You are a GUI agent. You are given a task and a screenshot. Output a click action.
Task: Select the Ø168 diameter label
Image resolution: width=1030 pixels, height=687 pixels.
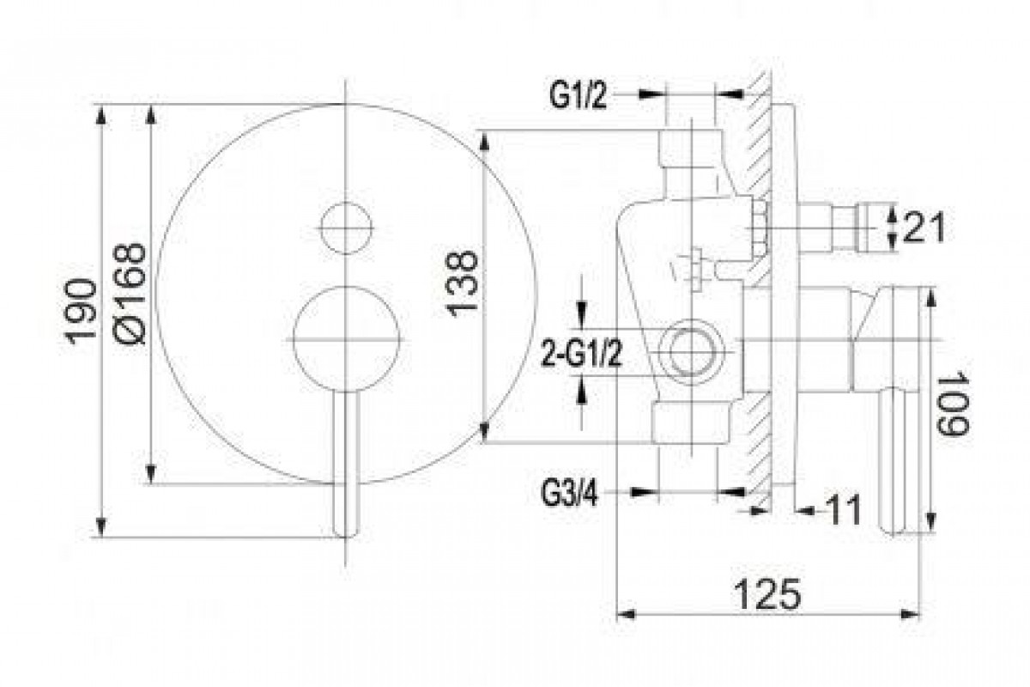tap(130, 294)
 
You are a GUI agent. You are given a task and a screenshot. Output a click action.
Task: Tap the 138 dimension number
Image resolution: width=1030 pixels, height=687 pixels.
tap(463, 284)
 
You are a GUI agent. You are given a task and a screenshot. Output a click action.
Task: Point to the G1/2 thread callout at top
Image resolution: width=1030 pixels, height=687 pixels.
tap(579, 95)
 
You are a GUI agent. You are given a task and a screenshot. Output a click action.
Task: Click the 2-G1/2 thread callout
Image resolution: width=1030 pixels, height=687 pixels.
tap(581, 353)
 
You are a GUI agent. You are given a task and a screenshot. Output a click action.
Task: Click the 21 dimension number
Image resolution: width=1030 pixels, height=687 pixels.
tap(924, 228)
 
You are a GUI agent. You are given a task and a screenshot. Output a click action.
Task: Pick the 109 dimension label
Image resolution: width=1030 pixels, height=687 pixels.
tap(953, 404)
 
